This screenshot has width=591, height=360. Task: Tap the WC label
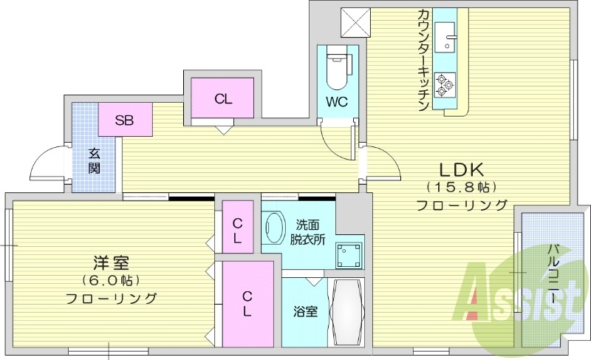pyautogui.click(x=337, y=102)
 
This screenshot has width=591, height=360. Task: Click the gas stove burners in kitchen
pyautogui.click(x=444, y=85)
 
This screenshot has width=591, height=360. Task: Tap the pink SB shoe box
pyautogui.click(x=123, y=120)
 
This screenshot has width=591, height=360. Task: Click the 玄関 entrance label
pyautogui.click(x=95, y=162)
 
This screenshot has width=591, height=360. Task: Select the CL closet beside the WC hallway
pyautogui.click(x=222, y=99)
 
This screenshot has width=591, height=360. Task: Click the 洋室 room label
pyautogui.click(x=111, y=262)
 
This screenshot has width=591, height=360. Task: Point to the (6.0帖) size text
pyautogui.click(x=111, y=281)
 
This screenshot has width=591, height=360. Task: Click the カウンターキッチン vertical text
pyautogui.click(x=423, y=59)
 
